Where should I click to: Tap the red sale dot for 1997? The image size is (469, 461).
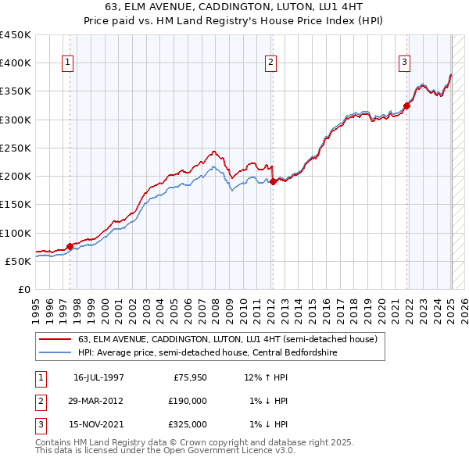[70, 246]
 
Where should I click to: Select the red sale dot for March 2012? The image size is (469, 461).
[273, 182]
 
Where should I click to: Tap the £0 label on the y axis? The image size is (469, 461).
[23, 289]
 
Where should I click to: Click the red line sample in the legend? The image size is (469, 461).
[55, 339]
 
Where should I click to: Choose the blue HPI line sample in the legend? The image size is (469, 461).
[55, 352]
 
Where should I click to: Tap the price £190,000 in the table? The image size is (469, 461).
[188, 401]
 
